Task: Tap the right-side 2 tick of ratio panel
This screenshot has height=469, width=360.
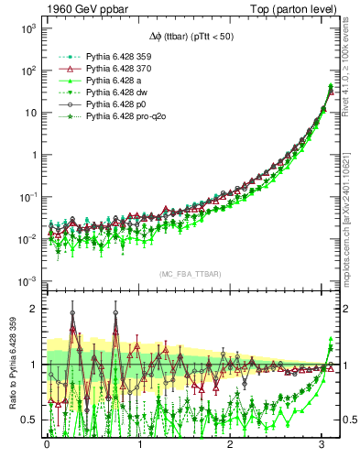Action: (341, 309)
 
